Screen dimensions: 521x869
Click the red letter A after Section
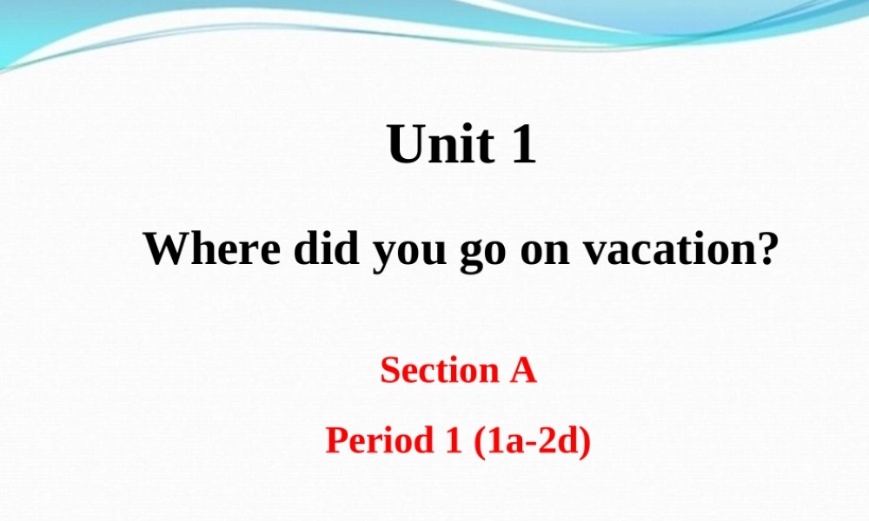pyautogui.click(x=522, y=371)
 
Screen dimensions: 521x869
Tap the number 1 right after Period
pyautogui.click(x=452, y=441)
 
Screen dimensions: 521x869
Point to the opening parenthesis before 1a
pyautogui.click(x=479, y=442)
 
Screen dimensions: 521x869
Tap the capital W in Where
pyautogui.click(x=163, y=250)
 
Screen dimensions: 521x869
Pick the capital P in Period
pyautogui.click(x=335, y=441)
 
